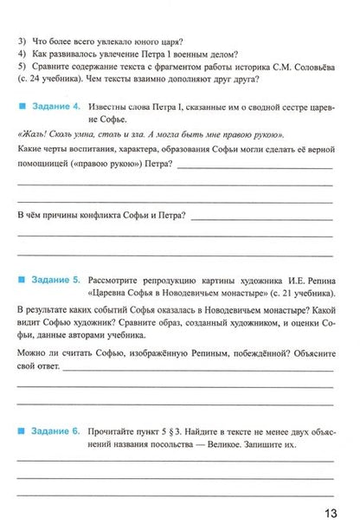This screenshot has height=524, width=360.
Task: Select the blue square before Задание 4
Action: click(22, 107)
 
